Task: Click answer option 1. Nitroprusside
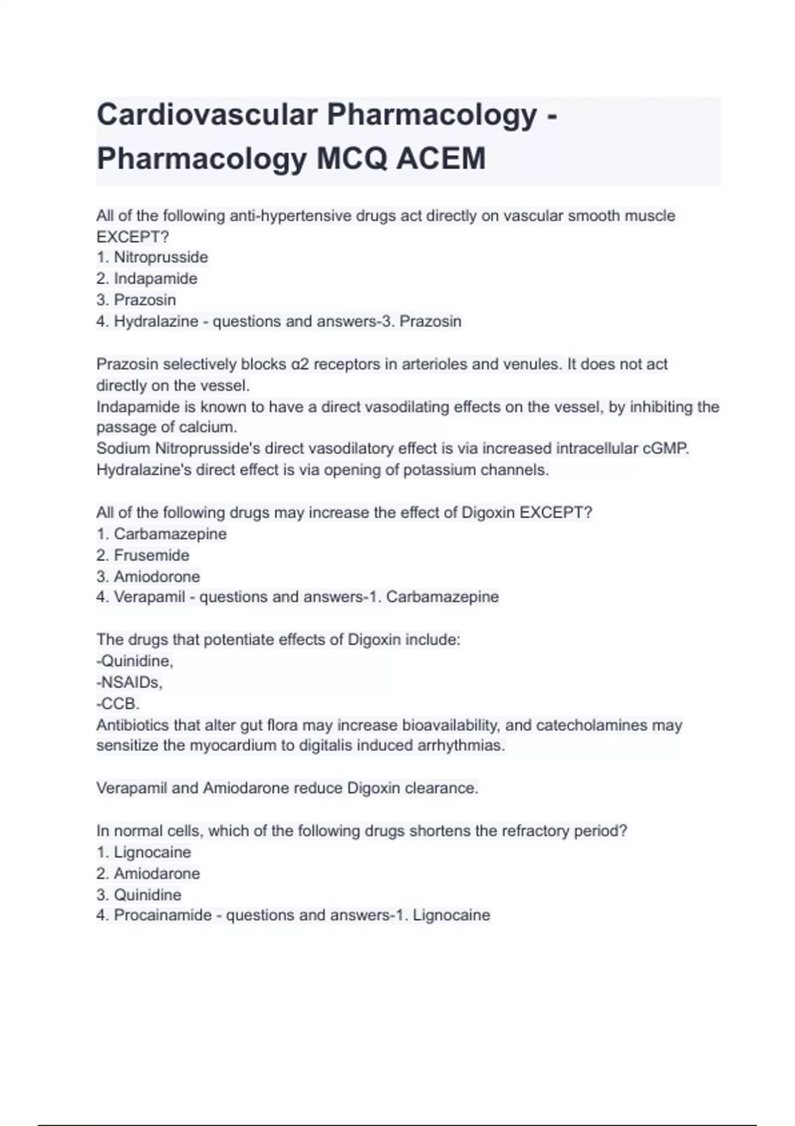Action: click(152, 257)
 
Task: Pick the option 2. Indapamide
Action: click(147, 278)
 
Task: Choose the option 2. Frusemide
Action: click(143, 555)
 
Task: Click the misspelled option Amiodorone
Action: click(156, 576)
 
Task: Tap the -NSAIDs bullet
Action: click(129, 682)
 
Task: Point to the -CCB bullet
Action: click(118, 703)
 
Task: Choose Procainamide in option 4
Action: click(163, 915)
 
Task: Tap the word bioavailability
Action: click(450, 725)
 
